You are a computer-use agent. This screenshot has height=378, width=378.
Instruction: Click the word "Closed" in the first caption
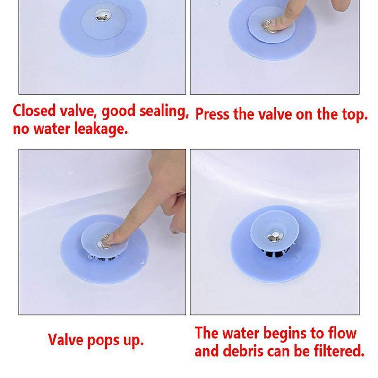coord(34,111)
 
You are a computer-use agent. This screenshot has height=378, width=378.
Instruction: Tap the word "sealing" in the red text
coord(164,112)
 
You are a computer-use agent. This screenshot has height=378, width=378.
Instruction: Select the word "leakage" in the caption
coord(101,129)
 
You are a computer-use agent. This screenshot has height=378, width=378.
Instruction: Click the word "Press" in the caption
coord(212,114)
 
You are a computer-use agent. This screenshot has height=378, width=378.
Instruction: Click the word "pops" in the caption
coord(103,341)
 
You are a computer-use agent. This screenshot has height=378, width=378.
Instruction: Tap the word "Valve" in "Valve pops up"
coord(66,339)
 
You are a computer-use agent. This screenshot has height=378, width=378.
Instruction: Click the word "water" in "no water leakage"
coord(52,129)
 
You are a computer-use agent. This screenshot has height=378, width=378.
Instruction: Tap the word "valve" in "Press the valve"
coord(275,114)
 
